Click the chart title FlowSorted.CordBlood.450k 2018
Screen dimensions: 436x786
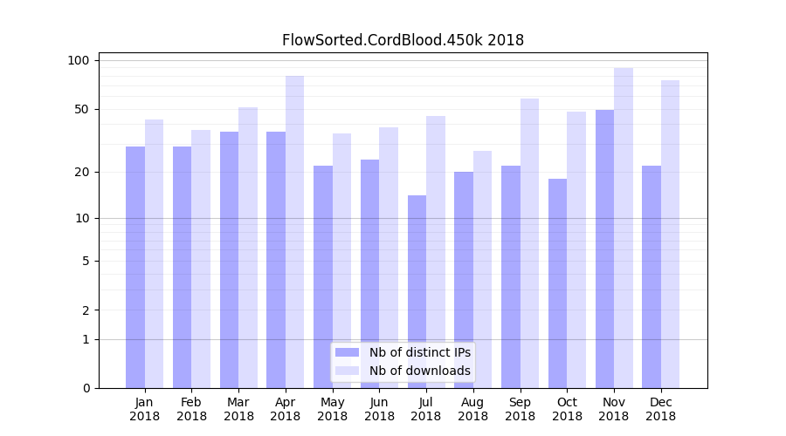click(403, 40)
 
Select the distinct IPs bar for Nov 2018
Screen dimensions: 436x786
click(604, 249)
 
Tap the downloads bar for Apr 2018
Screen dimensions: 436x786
click(294, 232)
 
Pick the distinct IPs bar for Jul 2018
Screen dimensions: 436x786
click(417, 291)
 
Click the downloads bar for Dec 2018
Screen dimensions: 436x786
click(670, 234)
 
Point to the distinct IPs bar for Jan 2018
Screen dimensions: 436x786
click(135, 267)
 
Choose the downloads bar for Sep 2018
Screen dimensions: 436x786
click(529, 243)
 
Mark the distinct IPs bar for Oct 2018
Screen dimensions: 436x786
click(557, 283)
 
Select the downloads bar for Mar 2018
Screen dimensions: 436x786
click(248, 248)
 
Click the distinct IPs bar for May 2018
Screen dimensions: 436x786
click(323, 276)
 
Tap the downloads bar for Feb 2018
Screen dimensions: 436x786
click(201, 259)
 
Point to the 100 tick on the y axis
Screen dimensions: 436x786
click(79, 60)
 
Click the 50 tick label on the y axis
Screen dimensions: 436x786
click(81, 109)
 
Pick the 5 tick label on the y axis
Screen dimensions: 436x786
click(85, 261)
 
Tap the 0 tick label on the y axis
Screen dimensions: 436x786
click(85, 388)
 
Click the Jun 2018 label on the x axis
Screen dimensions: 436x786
click(379, 409)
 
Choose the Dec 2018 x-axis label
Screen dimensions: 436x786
click(660, 409)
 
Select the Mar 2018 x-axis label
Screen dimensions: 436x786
click(238, 409)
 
